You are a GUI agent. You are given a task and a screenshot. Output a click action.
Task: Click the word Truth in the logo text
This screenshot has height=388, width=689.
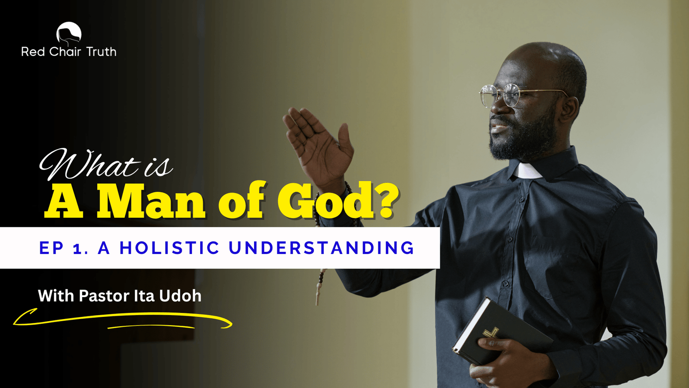101,52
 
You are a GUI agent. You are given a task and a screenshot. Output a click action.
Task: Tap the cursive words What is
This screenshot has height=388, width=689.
106,164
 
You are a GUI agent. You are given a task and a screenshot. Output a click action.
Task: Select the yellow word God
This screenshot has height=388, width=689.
326,200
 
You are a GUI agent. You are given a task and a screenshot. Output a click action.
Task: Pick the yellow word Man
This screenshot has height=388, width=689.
151,201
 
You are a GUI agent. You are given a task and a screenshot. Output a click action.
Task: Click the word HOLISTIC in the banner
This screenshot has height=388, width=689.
170,248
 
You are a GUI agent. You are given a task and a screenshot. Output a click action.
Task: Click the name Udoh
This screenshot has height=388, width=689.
180,296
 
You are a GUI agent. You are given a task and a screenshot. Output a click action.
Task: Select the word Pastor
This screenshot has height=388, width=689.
104,296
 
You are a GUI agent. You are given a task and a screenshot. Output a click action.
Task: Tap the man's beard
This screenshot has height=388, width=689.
523,138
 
